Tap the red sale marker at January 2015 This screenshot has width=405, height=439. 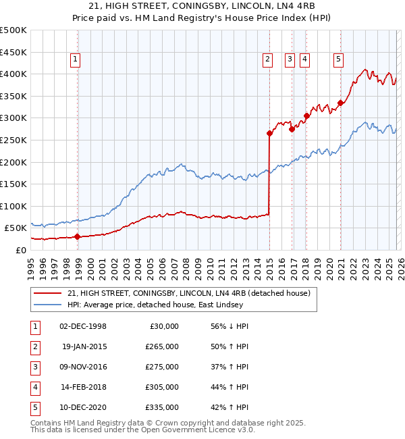[269, 134]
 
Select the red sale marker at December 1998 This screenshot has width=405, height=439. [78, 236]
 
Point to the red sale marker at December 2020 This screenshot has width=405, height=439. [340, 103]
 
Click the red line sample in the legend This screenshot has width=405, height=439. [48, 293]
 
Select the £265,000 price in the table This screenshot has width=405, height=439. [162, 346]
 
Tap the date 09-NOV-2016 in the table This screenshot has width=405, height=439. [84, 367]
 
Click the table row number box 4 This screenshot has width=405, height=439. [34, 387]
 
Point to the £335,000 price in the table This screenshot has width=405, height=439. [162, 407]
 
